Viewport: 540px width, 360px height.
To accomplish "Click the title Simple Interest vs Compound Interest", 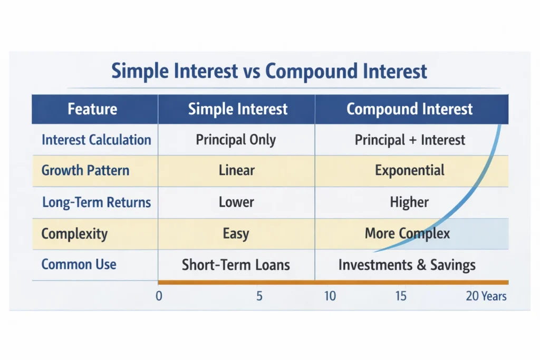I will (x=269, y=71).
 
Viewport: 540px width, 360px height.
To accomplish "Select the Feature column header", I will (x=92, y=109).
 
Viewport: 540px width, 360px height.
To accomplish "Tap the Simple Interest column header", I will (x=238, y=109).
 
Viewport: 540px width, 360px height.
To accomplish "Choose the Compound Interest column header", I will (x=409, y=109).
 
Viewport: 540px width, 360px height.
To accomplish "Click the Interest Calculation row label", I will (x=96, y=140).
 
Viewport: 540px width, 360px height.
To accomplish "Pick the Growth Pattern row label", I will (x=85, y=171).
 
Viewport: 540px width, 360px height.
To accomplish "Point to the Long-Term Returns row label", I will (x=96, y=202).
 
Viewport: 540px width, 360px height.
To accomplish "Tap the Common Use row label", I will (x=79, y=264).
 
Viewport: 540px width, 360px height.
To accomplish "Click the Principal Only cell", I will (x=236, y=140).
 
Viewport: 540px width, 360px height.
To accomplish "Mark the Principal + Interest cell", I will (x=410, y=140).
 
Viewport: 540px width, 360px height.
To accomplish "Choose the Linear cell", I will (x=236, y=171).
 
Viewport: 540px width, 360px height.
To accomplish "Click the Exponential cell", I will (x=410, y=171).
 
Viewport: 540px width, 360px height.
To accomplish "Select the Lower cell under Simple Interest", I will (x=236, y=202).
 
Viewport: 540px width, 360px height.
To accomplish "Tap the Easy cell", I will (x=236, y=233).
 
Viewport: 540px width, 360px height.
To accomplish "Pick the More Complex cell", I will (x=407, y=233).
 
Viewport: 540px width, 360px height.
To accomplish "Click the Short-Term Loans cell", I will (x=236, y=264).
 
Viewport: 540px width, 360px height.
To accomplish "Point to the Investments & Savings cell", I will (x=407, y=264).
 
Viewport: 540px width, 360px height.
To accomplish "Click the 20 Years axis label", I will (x=486, y=296).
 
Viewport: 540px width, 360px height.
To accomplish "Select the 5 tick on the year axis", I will (x=259, y=296).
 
